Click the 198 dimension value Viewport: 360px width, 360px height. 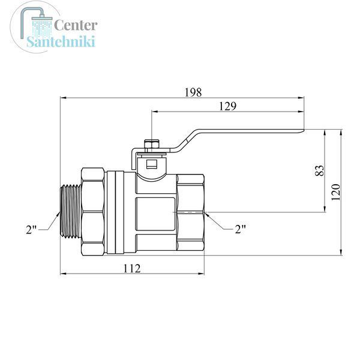[x=193, y=92]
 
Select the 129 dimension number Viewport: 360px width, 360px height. [x=227, y=106]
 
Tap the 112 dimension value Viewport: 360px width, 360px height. [x=132, y=268]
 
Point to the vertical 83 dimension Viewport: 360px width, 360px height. [x=319, y=170]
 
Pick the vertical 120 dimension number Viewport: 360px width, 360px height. [x=335, y=192]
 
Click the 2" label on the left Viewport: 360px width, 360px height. [x=31, y=230]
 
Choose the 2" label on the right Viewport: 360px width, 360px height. [x=240, y=229]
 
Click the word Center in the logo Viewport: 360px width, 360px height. [x=76, y=25]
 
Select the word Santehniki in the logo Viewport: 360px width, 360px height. [x=61, y=41]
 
